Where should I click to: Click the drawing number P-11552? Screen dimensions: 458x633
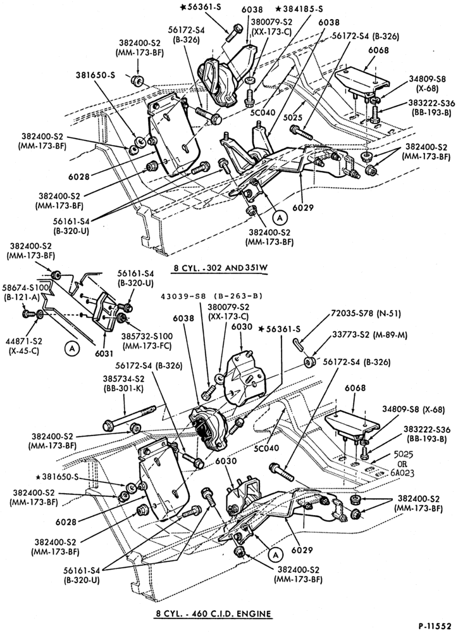pyautogui.click(x=435, y=626)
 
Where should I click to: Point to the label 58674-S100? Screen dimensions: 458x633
pyautogui.click(x=26, y=287)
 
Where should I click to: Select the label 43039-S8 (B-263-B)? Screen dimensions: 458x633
pyautogui.click(x=211, y=296)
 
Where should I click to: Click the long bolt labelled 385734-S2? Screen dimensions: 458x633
pyautogui.click(x=129, y=417)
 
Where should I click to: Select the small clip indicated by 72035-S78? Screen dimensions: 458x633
pyautogui.click(x=299, y=344)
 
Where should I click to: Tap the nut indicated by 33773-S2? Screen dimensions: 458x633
pyautogui.click(x=310, y=362)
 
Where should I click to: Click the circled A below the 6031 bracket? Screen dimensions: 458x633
pyautogui.click(x=72, y=348)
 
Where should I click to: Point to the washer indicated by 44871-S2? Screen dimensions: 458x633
pyautogui.click(x=40, y=314)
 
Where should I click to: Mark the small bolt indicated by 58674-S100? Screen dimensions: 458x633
pyautogui.click(x=28, y=313)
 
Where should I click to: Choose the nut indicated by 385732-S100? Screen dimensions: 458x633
pyautogui.click(x=121, y=318)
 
